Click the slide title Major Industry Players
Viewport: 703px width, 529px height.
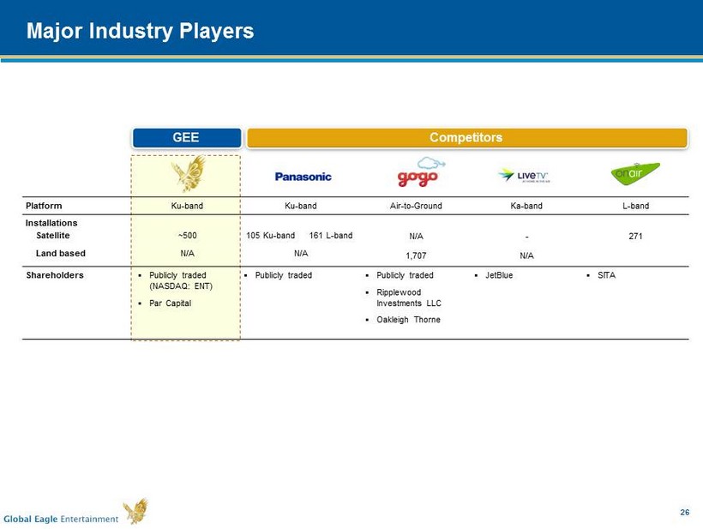click(x=140, y=31)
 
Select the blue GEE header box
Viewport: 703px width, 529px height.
click(x=187, y=138)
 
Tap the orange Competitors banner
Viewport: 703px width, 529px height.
click(x=466, y=138)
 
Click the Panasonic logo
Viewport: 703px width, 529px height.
click(x=303, y=177)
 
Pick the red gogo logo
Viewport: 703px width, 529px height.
click(x=419, y=172)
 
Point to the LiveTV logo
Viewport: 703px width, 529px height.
click(x=524, y=175)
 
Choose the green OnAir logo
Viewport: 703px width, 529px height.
click(x=635, y=173)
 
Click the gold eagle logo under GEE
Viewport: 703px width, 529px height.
click(x=189, y=173)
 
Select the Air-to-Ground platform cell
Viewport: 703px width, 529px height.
click(x=416, y=206)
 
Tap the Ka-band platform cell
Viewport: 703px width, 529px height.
click(x=526, y=206)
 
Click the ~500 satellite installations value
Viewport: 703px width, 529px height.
click(x=188, y=236)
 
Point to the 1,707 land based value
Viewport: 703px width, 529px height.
click(x=416, y=255)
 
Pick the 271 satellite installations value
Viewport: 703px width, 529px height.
click(x=635, y=236)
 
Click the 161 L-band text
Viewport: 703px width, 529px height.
click(x=331, y=236)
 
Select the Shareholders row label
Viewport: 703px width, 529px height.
click(x=55, y=275)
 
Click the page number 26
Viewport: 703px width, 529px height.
click(x=685, y=512)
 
